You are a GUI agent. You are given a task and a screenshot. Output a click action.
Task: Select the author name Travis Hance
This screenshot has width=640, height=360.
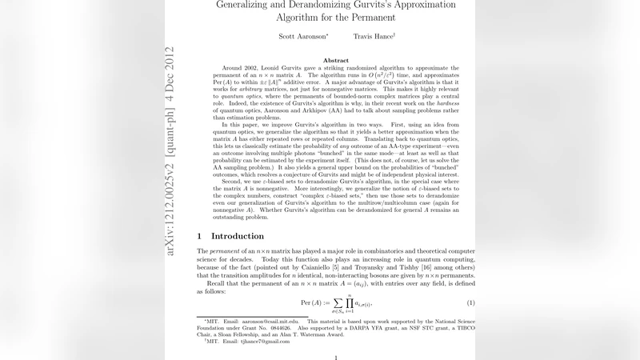[x=374, y=36]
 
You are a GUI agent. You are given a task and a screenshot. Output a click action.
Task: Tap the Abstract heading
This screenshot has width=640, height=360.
[x=335, y=61]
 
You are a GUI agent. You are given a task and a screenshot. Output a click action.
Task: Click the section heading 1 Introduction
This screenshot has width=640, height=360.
[x=230, y=236]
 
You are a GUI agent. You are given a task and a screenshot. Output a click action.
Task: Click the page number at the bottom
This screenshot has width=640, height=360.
[x=335, y=358]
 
